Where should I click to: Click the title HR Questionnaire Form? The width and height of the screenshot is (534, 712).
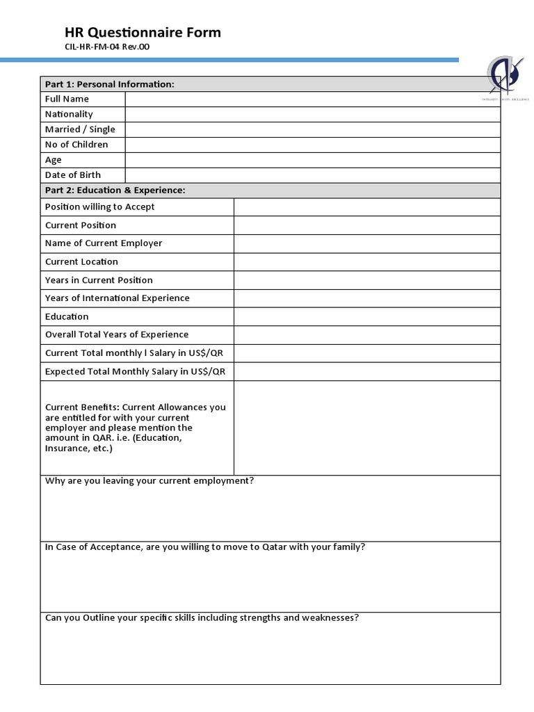point(143,32)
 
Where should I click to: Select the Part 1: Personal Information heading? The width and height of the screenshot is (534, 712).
point(109,84)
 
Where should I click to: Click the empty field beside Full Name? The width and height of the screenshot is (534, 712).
point(312,99)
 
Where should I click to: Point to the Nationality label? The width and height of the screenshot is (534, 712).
point(69,114)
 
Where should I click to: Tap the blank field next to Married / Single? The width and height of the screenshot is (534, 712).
point(312,129)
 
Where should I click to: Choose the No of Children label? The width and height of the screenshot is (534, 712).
point(76,145)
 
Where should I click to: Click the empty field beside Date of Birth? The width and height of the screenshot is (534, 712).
point(312,175)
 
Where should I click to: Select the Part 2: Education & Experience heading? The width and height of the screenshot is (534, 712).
point(115,191)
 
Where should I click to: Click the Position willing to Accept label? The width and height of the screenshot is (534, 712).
point(100,207)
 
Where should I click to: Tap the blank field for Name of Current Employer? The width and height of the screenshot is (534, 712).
point(366,243)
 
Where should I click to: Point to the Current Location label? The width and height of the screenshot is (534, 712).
point(81,262)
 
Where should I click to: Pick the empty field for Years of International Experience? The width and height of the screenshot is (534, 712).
point(366,298)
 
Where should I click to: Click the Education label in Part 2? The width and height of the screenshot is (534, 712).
point(67,316)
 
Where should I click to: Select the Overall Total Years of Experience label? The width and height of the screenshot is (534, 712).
point(117,334)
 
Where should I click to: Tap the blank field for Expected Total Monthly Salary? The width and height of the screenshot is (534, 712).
point(366,371)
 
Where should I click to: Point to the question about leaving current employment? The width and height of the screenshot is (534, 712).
point(149,480)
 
